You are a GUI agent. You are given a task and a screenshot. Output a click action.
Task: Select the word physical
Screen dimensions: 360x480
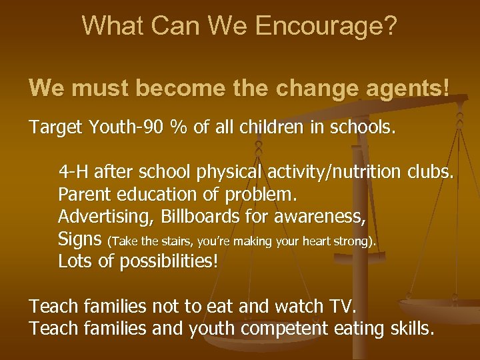pos(227,174)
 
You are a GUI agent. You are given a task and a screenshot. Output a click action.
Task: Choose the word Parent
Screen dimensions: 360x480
pos(81,196)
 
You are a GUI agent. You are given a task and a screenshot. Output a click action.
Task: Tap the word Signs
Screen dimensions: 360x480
pos(79,239)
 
